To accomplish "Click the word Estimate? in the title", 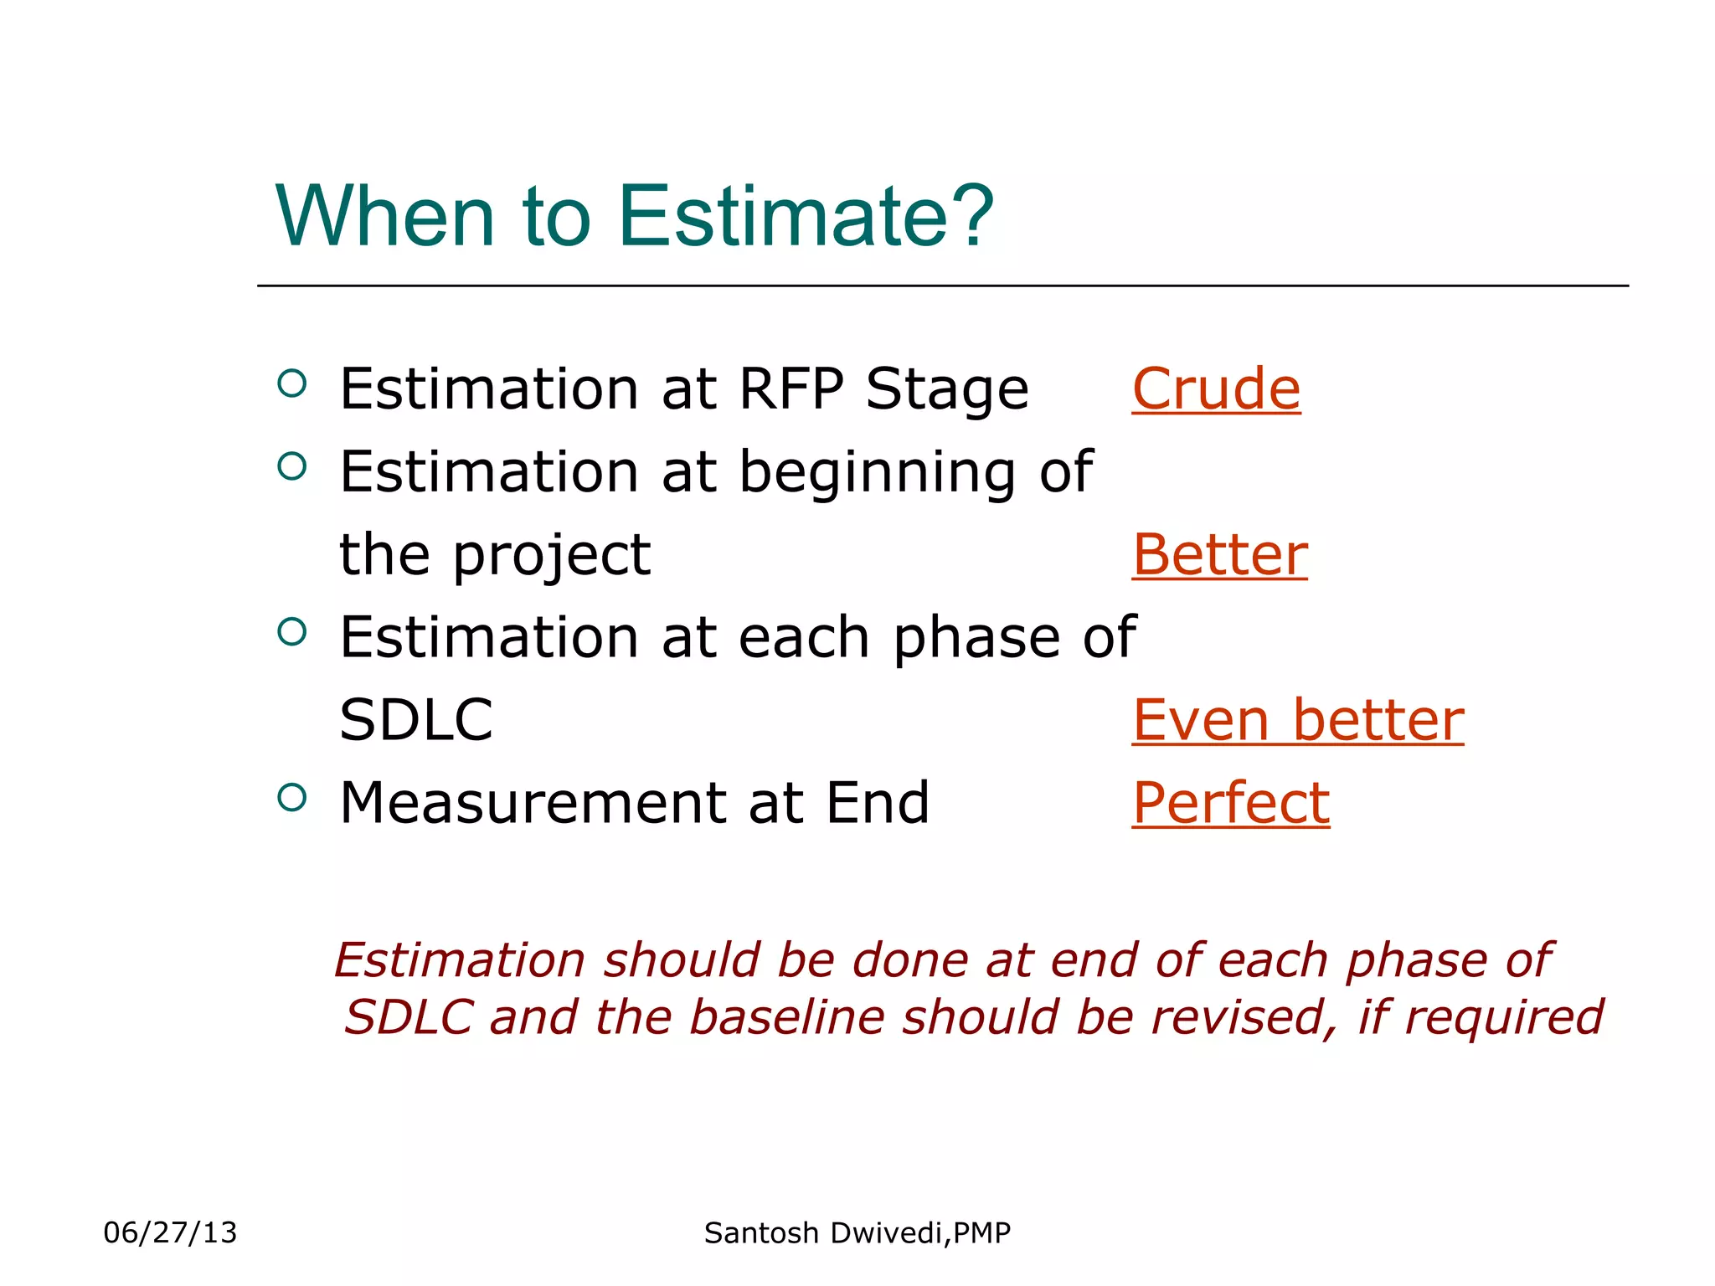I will [806, 216].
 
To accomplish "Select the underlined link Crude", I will [1216, 389].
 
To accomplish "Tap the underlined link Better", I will [1219, 555].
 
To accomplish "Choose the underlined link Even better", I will [1297, 720].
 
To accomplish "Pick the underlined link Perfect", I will [1230, 803].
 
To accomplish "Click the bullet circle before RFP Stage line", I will [291, 384].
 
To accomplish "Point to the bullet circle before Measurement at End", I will [291, 798].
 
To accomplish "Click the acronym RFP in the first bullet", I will [791, 389].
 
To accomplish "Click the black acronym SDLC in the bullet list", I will [416, 720].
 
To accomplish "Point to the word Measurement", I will [532, 803].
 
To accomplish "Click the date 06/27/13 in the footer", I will [170, 1232].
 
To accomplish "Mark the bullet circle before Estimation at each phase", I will [291, 632].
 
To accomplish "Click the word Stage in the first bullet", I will [946, 391].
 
